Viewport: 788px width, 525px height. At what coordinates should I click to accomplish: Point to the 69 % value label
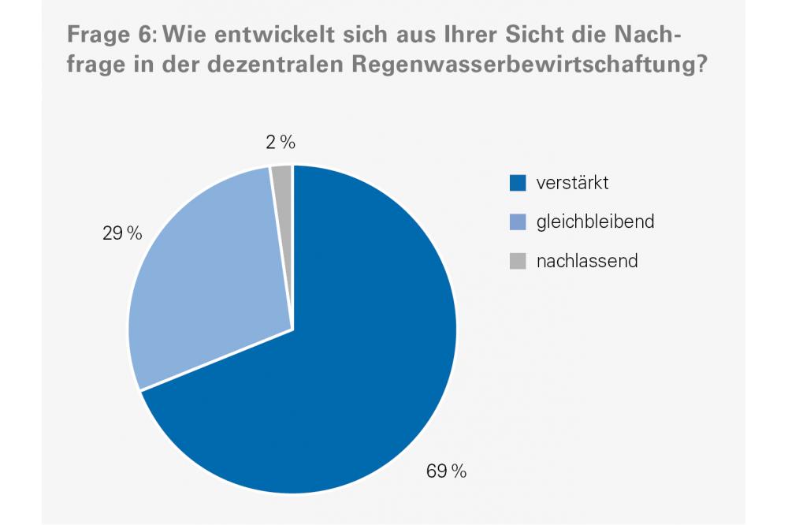point(447,471)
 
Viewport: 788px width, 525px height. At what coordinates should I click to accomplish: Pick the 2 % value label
point(281,143)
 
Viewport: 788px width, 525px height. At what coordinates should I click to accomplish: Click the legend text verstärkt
point(573,184)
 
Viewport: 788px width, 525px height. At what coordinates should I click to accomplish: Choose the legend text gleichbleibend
point(596,222)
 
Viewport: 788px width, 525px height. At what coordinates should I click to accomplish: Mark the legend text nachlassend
point(587,261)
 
